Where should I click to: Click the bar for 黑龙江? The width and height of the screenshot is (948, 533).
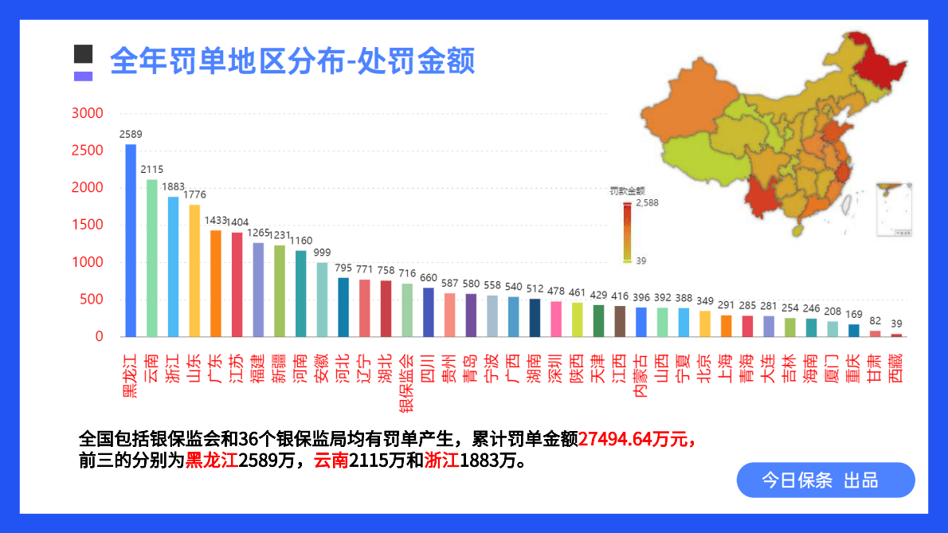click(131, 239)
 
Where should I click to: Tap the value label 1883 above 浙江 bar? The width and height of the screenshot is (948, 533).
click(173, 186)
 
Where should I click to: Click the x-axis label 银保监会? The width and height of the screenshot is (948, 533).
click(406, 383)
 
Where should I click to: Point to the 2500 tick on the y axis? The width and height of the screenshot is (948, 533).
click(88, 151)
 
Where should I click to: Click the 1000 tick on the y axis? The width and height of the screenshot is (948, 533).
click(88, 262)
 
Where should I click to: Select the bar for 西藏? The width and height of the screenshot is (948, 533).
click(896, 335)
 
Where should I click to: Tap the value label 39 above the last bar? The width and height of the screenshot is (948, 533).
click(896, 323)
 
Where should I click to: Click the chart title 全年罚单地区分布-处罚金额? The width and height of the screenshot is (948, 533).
click(292, 61)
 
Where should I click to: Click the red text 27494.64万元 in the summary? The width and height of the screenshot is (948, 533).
click(637, 439)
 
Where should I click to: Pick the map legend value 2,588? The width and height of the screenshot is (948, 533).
click(647, 203)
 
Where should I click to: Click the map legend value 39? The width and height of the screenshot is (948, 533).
click(641, 261)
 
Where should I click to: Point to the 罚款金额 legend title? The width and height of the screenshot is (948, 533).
click(627, 190)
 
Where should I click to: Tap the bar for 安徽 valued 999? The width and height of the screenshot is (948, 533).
click(322, 300)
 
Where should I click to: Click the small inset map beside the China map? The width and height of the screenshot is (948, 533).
click(894, 210)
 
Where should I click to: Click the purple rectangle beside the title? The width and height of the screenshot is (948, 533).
click(84, 76)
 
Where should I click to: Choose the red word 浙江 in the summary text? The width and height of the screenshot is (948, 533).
click(441, 460)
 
